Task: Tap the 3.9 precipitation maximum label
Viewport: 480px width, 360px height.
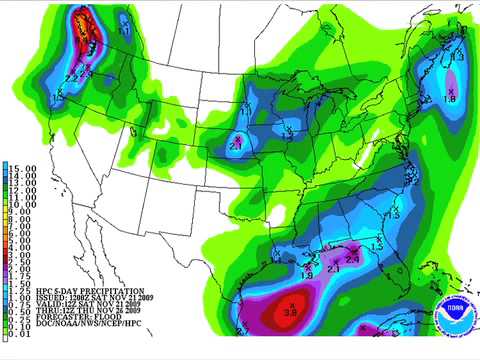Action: (289, 312)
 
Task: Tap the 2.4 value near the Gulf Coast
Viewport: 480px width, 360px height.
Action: (352, 259)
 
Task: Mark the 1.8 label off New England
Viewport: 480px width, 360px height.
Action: (450, 100)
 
